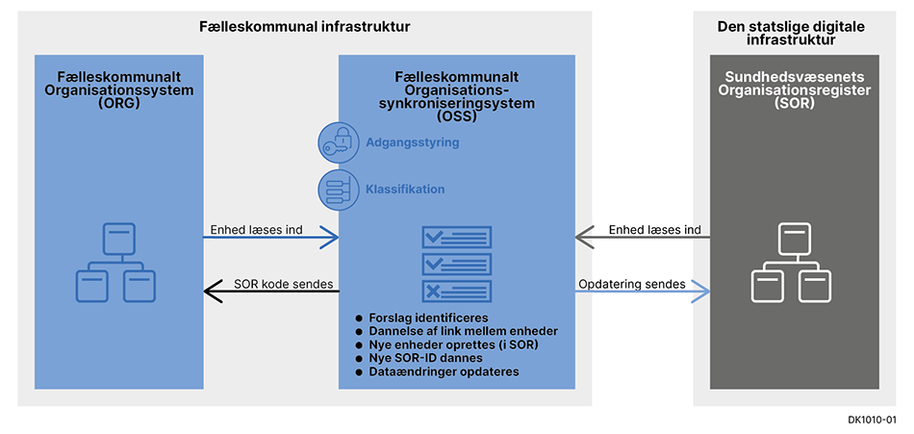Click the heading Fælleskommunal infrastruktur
(x=305, y=26)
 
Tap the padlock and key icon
(x=339, y=142)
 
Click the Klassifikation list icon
(x=339, y=189)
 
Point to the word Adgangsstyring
(x=412, y=142)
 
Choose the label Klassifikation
(x=405, y=190)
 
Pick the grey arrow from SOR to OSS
(x=642, y=236)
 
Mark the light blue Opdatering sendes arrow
(x=642, y=291)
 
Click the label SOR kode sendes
(x=284, y=284)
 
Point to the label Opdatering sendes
(x=631, y=284)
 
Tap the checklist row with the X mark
(x=457, y=291)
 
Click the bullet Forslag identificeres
(x=429, y=317)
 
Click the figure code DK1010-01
(x=873, y=420)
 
